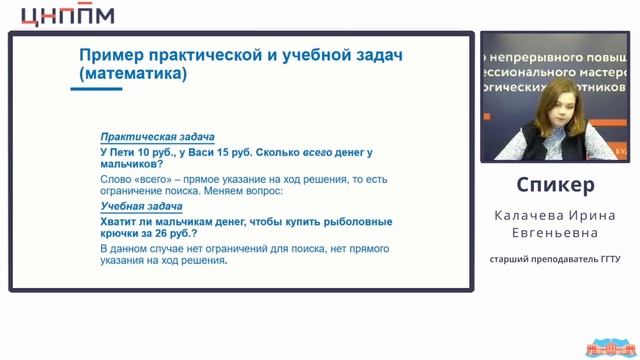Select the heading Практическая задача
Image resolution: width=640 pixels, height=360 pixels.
(x=157, y=137)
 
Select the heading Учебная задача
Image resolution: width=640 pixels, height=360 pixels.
(x=141, y=207)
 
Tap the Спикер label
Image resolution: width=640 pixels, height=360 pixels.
(x=555, y=185)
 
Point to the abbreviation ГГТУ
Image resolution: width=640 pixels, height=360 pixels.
(x=607, y=260)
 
